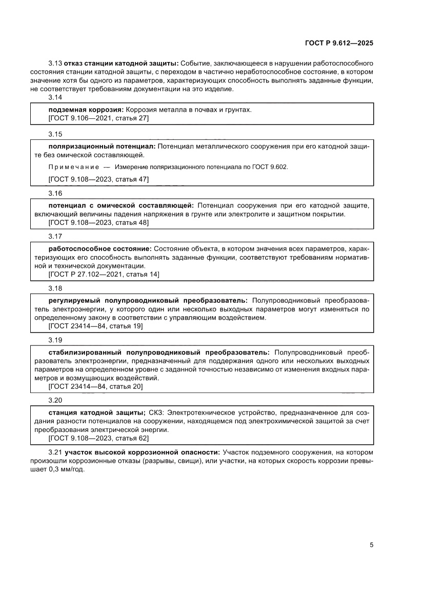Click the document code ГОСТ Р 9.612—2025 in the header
coord(339,43)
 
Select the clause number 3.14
coord(55,97)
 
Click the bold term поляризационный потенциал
coord(102,147)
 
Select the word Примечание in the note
coord(72,167)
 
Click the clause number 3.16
coord(55,193)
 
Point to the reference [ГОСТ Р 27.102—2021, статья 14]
coord(104,275)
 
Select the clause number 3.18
coord(55,288)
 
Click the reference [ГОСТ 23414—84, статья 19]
coord(95,326)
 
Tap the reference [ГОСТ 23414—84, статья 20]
coord(95,386)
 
